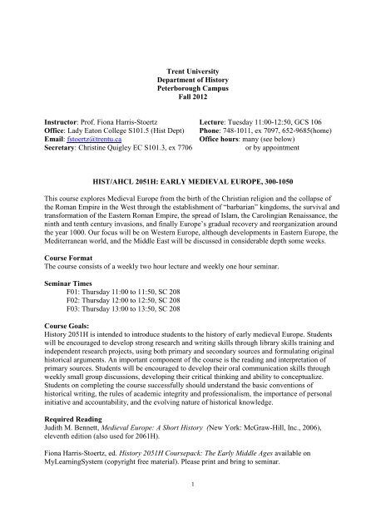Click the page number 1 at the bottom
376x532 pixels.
[189, 508]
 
